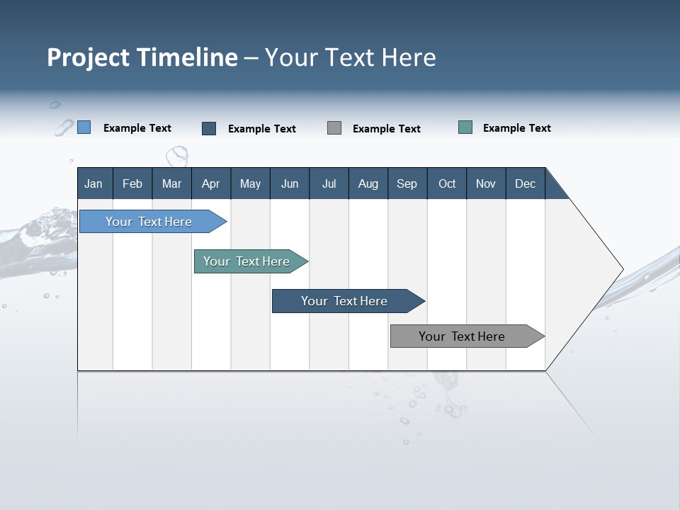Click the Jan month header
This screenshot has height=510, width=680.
click(93, 183)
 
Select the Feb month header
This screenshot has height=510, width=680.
click(132, 183)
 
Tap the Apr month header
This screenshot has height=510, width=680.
click(210, 183)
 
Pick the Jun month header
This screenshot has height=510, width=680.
click(290, 183)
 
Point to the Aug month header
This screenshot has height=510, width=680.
click(368, 183)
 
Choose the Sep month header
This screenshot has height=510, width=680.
click(407, 183)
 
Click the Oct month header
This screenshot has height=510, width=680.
click(447, 183)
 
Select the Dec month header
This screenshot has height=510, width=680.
click(525, 183)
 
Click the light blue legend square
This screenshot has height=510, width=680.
click(84, 127)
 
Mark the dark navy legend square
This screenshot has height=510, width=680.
click(209, 128)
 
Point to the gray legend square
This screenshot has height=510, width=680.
click(334, 128)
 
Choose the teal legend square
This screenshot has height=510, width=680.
click(465, 127)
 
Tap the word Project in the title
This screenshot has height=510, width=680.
click(88, 58)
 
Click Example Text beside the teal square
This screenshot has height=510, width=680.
click(516, 128)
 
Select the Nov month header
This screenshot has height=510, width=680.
click(486, 183)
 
